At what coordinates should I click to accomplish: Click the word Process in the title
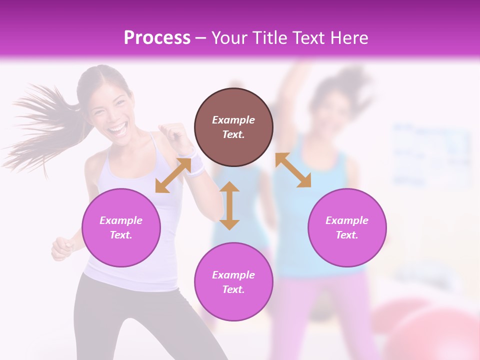pos(157,37)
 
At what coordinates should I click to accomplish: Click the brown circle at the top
pos(233,127)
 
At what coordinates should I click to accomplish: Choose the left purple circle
pos(121,227)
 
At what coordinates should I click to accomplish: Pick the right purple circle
pos(347,227)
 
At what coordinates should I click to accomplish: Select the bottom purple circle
pos(233,282)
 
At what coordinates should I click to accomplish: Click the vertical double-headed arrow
pos(229,205)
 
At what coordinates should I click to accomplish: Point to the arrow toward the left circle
pos(173,175)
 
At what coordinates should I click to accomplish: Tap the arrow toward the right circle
pos(293,170)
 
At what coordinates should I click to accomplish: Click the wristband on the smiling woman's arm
pos(196,165)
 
